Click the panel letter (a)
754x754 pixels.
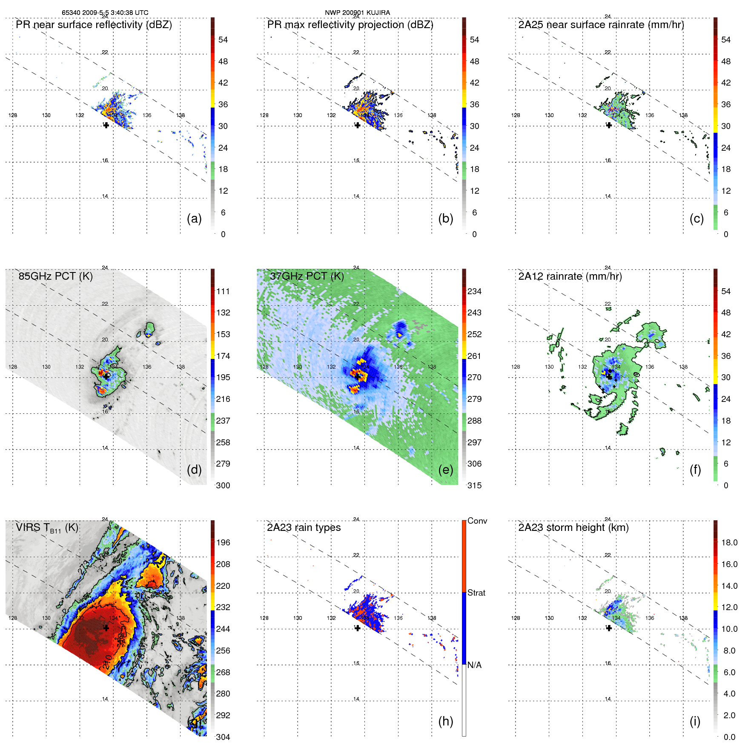[x=194, y=219]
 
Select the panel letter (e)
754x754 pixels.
[x=445, y=470]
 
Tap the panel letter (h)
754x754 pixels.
[x=445, y=721]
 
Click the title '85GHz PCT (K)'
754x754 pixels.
[x=56, y=276]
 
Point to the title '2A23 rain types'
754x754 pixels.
[x=304, y=528]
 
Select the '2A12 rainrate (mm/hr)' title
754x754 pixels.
[x=570, y=276]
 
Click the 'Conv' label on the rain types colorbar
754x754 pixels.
[x=477, y=521]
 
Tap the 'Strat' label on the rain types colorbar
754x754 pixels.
[x=476, y=593]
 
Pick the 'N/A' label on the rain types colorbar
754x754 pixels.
[x=474, y=665]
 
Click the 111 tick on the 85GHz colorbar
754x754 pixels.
[x=223, y=291]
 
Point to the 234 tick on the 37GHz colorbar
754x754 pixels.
[x=474, y=291]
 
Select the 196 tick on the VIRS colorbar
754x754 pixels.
[x=223, y=542]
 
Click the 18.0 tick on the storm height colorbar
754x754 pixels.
[x=729, y=542]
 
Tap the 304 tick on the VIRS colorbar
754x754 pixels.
[x=223, y=737]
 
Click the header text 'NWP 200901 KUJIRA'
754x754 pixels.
[x=357, y=13]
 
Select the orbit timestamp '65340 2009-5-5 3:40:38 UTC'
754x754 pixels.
[x=105, y=13]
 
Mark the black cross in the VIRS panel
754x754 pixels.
[x=106, y=628]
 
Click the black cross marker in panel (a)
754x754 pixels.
[x=106, y=125]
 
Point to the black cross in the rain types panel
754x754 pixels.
[x=357, y=628]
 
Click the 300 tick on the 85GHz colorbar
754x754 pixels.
[x=223, y=485]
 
